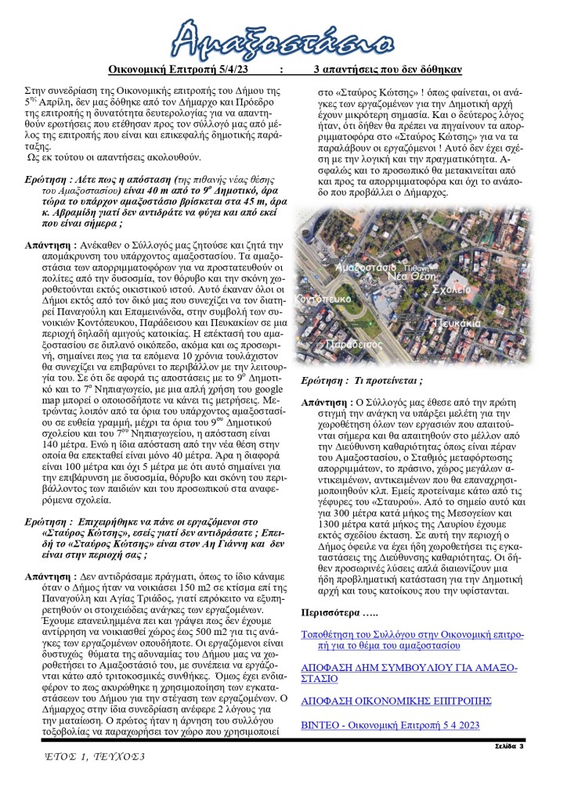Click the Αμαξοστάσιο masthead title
coord(283,37)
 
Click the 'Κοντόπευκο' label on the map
coord(323,299)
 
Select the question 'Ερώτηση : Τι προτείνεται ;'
coord(362,381)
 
